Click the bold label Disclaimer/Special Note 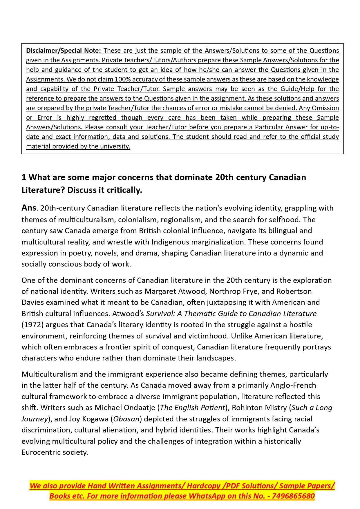tap(63, 50)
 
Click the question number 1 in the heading tap(24, 177)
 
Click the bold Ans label tap(29, 208)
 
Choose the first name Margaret tap(160, 291)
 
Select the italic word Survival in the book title tap(159, 314)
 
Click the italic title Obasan tap(126, 419)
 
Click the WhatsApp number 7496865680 tap(293, 496)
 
